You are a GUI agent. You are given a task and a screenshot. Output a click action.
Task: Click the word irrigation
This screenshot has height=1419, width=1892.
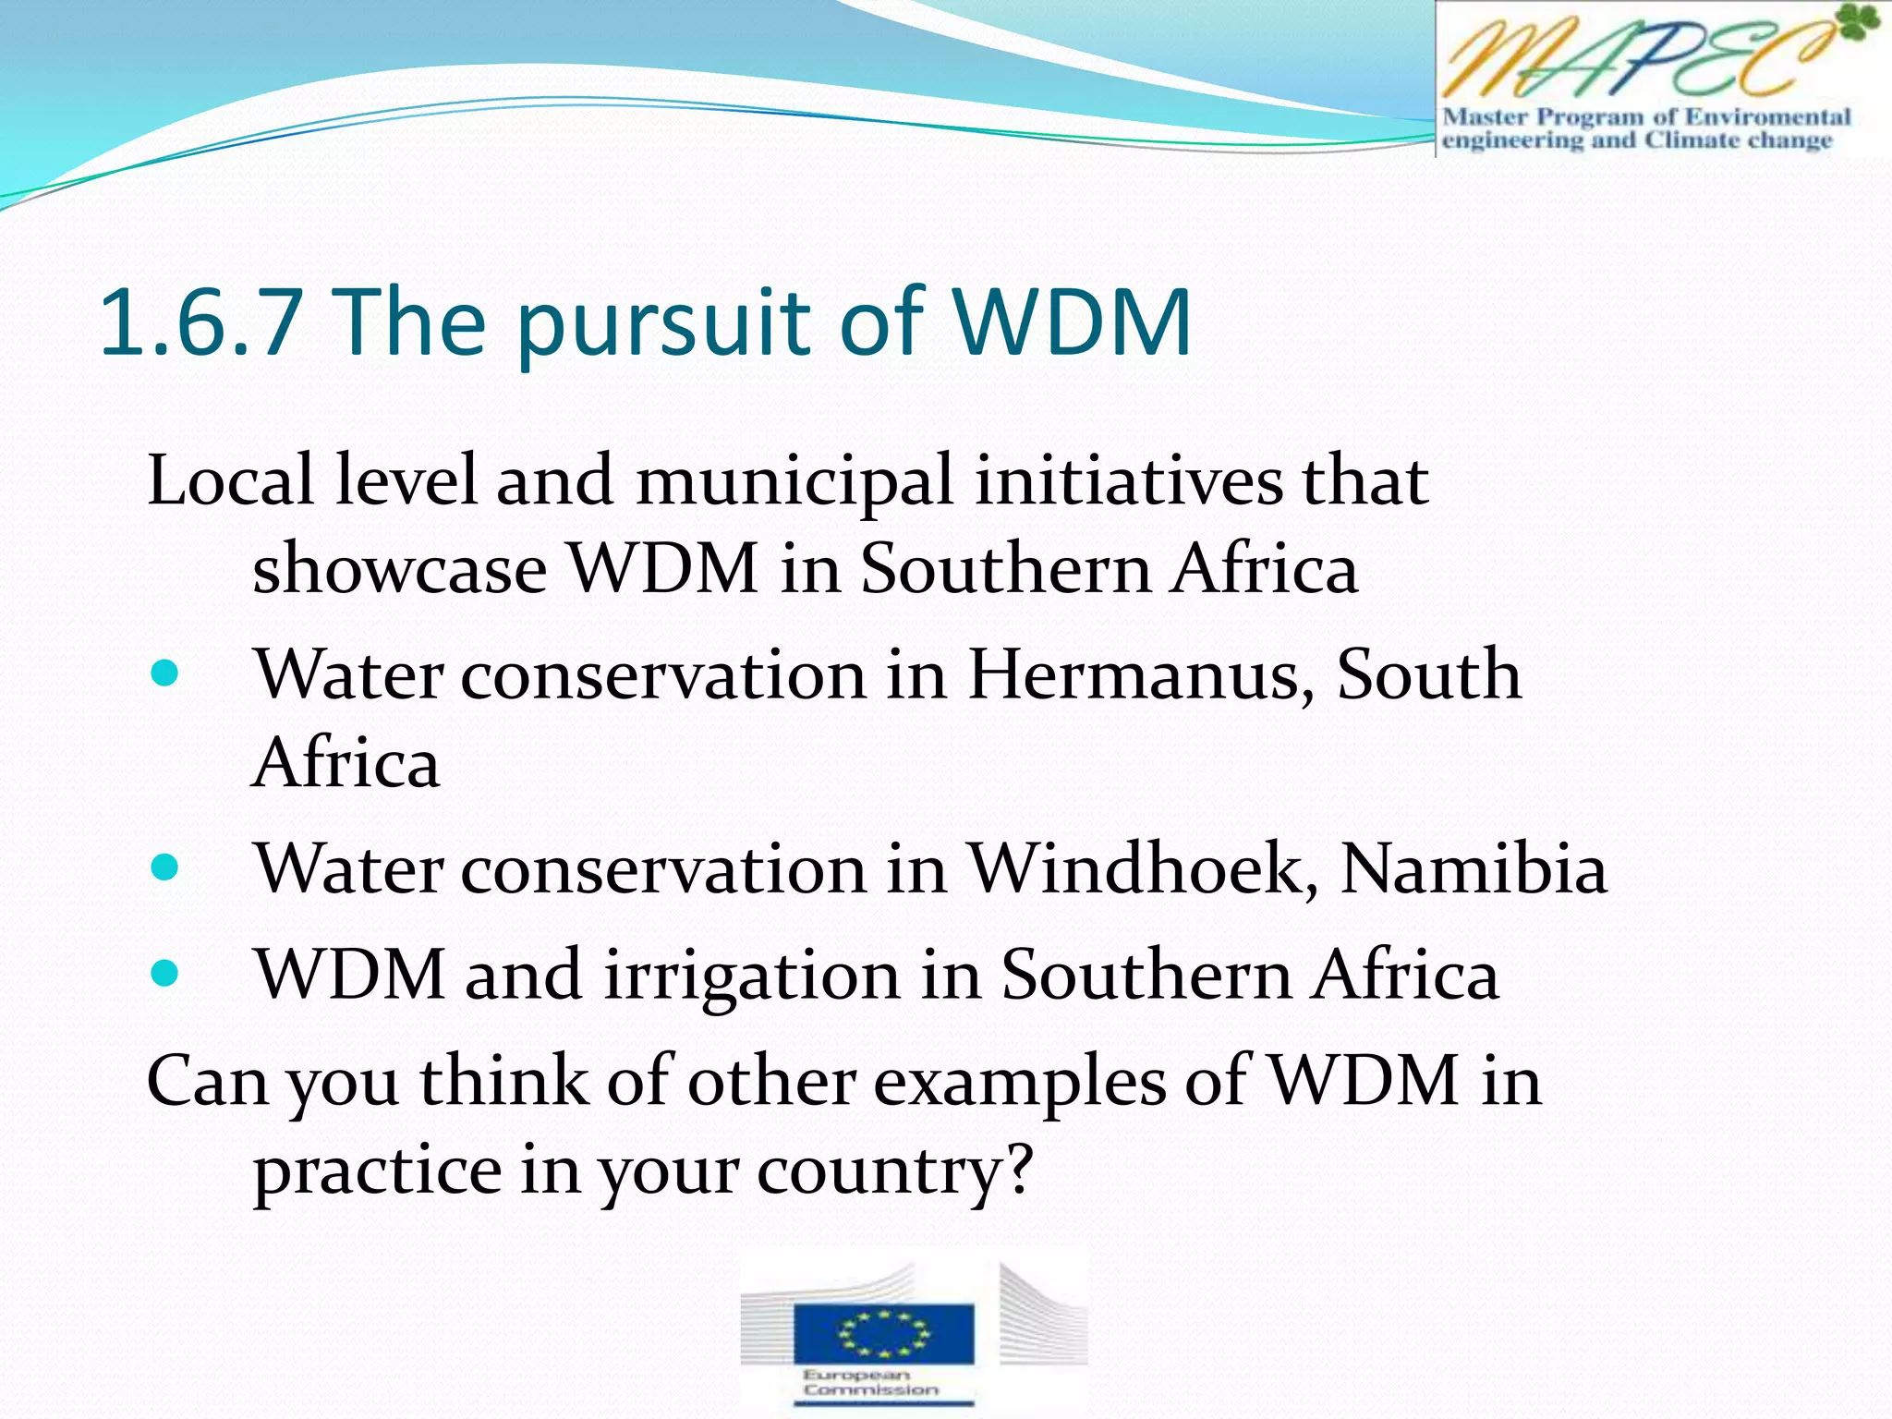[752, 976]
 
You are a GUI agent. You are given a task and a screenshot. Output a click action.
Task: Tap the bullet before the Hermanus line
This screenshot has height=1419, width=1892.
[164, 673]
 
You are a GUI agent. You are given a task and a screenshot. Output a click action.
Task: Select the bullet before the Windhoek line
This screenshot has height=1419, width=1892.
[164, 867]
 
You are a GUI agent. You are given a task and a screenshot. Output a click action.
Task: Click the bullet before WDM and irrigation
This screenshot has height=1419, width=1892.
[164, 973]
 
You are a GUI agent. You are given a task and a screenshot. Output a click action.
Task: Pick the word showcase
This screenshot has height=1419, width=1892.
[399, 568]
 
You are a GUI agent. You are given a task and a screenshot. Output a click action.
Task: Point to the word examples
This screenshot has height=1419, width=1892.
[1020, 1083]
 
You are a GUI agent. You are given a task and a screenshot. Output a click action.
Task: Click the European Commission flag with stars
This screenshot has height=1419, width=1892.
[883, 1333]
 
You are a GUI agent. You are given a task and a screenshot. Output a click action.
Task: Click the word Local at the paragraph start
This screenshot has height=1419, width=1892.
[231, 480]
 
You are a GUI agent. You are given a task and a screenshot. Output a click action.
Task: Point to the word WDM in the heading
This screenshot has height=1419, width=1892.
[1072, 322]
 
